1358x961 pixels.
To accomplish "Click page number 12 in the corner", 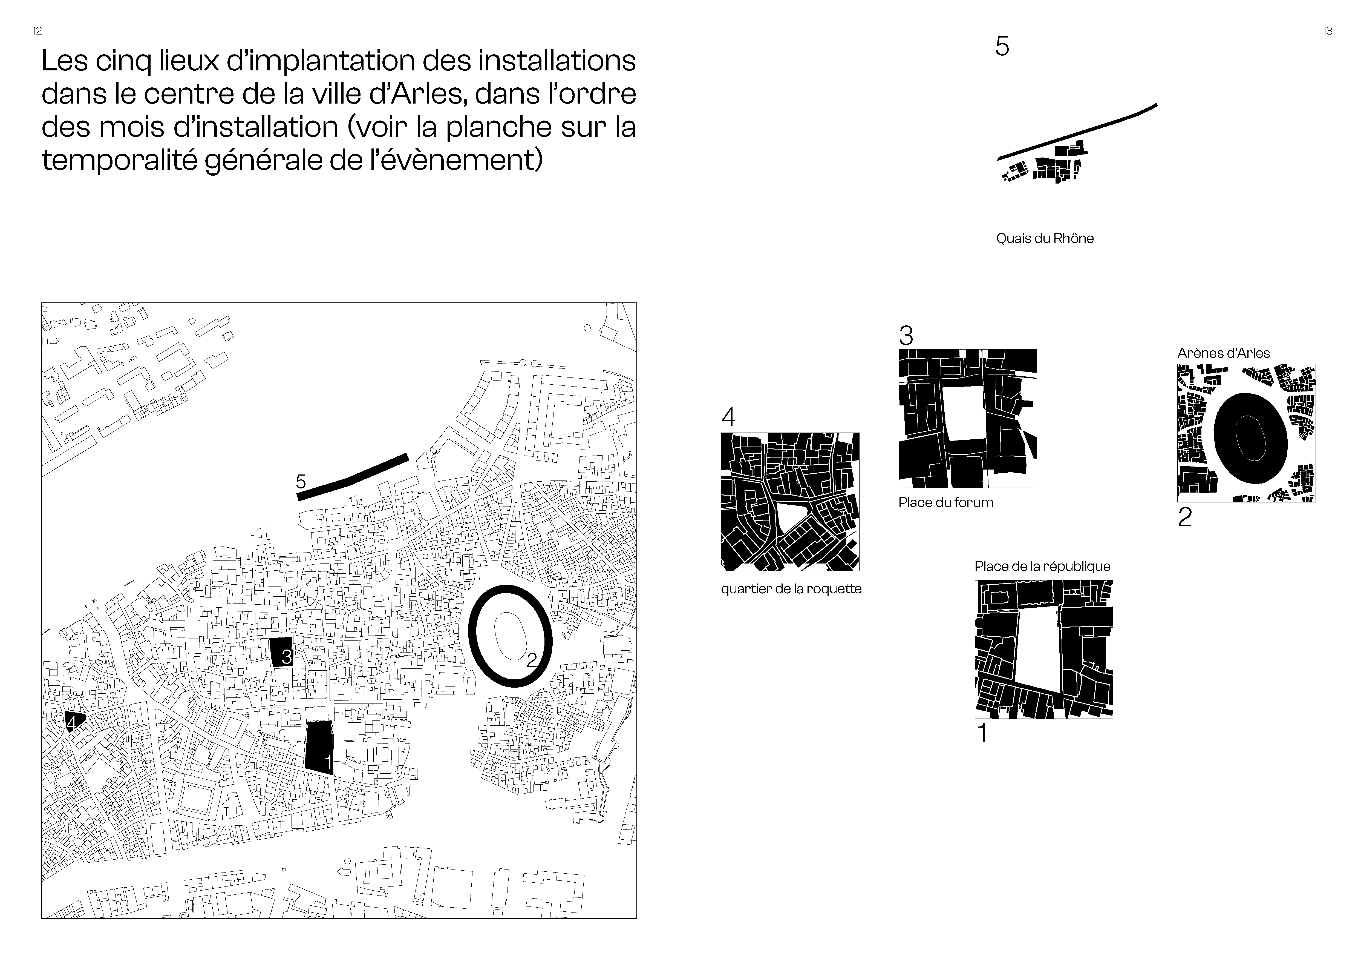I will [x=37, y=31].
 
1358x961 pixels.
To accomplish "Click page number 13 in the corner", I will [x=1327, y=31].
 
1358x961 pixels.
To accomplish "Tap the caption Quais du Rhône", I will [x=1045, y=239].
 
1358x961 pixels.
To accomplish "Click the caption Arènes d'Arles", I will [x=1223, y=353].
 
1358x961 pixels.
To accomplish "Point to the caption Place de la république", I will [x=1042, y=566].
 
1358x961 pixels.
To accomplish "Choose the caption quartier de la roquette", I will [x=791, y=589].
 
